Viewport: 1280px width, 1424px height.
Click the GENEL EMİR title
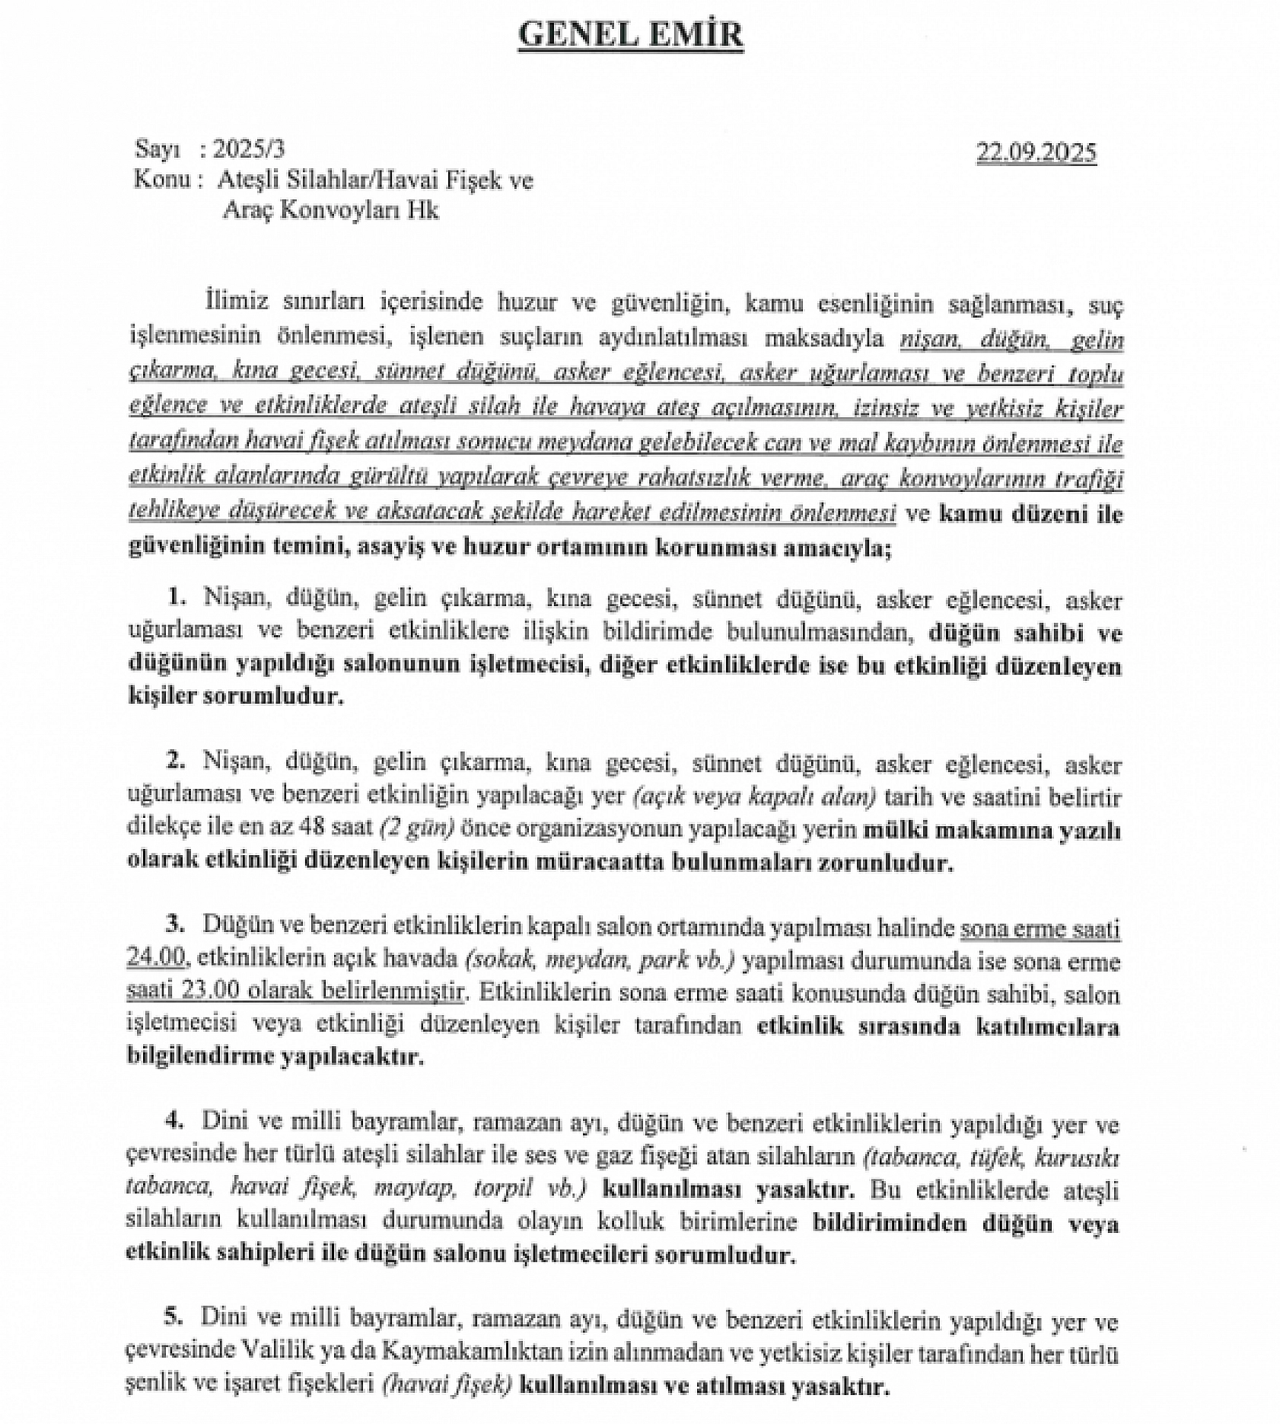(631, 36)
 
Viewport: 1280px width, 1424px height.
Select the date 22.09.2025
(1036, 153)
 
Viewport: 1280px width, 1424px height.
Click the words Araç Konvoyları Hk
(330, 210)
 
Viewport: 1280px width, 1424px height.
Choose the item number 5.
(177, 1318)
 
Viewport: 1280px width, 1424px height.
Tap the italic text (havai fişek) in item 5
(444, 1387)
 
